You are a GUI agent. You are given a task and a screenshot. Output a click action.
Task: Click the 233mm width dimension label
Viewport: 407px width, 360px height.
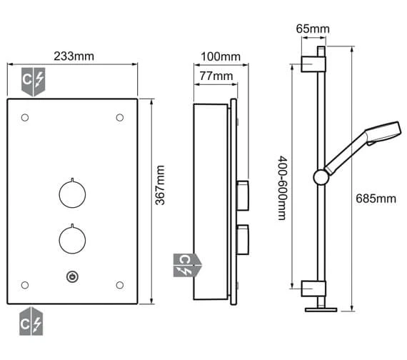pos(73,56)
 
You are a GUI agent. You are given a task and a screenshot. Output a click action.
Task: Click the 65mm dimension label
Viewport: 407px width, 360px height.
pos(312,29)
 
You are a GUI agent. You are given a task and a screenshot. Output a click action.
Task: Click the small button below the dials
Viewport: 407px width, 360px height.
pos(73,276)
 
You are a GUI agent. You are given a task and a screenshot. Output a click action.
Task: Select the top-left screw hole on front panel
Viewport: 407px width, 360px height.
pos(25,117)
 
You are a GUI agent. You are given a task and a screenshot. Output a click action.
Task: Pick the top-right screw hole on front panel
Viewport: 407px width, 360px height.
pos(120,117)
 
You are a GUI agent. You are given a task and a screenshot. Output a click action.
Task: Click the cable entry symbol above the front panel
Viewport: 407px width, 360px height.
pos(33,81)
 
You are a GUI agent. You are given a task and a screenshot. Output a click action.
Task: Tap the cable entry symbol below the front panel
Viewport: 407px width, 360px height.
pos(33,323)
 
